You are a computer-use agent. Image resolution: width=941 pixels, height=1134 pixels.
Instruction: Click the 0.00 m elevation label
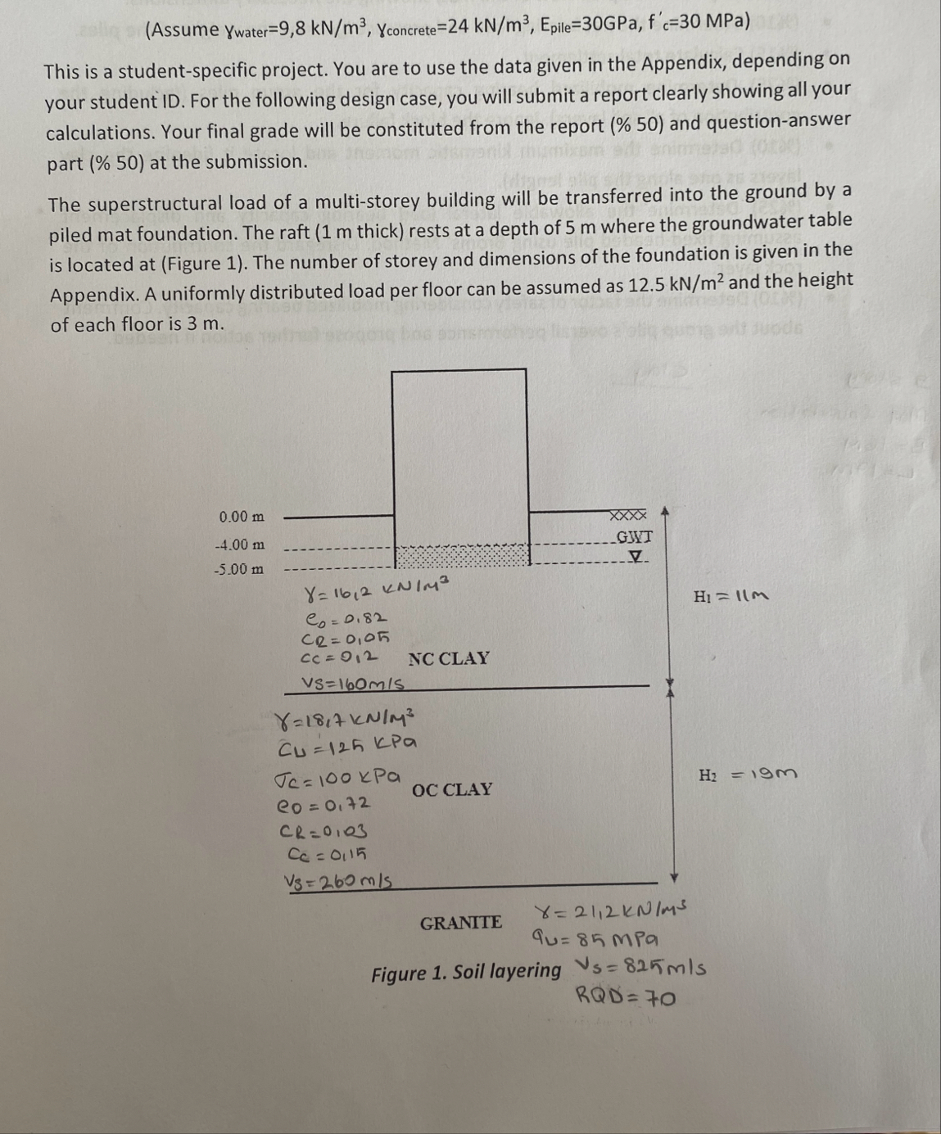pos(242,517)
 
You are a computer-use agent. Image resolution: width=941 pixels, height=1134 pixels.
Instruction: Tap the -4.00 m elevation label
pos(239,544)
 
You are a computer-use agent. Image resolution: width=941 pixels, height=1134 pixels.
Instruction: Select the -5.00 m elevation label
pos(239,569)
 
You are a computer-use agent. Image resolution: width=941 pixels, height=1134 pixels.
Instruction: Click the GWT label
pos(634,537)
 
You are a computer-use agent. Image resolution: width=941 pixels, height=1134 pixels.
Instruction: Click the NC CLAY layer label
pos(449,658)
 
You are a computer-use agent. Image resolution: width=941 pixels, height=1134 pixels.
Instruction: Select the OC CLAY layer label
pos(452,790)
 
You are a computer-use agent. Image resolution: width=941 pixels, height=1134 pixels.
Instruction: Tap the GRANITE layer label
pos(461,923)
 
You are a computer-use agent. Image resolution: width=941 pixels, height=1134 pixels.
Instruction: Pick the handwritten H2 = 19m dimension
pos(748,774)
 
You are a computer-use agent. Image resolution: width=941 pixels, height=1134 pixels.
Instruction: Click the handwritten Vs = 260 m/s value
pos(337,881)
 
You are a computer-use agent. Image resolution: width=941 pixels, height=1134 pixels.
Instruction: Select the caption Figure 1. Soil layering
pos(466,973)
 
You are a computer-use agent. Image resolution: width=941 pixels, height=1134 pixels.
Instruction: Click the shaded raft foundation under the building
pos(463,556)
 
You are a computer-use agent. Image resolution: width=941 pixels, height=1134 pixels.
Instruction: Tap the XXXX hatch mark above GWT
pos(628,515)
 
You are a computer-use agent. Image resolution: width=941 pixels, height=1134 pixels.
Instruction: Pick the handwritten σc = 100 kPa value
pos(339,774)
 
